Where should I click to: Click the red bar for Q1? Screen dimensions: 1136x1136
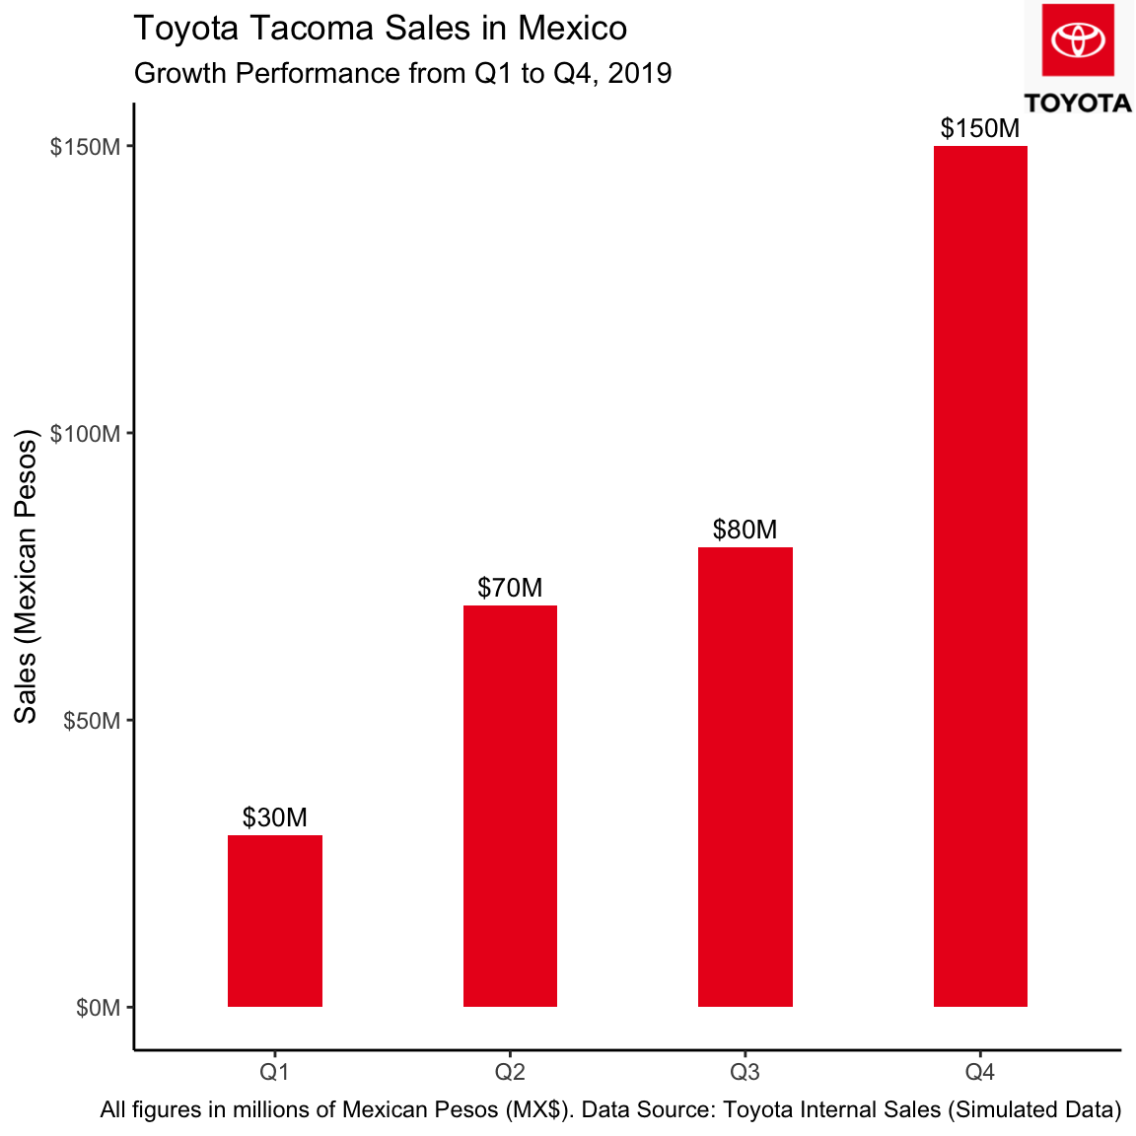275,920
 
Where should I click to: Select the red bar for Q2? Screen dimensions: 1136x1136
510,806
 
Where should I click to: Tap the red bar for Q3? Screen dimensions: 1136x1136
745,776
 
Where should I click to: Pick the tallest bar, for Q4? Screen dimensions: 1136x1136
980,576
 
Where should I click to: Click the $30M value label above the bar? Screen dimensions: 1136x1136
275,817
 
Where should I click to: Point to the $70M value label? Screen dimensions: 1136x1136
510,588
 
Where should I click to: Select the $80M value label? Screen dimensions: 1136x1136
745,530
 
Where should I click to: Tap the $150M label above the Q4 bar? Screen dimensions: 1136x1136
980,128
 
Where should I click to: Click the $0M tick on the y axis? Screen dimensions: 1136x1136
99,1008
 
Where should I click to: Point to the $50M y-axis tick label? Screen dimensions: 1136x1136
93,721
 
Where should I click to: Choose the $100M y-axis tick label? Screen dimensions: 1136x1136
87,434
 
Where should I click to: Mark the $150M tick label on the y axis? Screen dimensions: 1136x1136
87,147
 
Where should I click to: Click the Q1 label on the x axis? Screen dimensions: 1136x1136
275,1071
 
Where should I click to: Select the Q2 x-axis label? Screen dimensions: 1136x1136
510,1071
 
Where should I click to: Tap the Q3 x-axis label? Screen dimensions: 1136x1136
745,1071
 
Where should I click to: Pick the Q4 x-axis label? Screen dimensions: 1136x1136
980,1071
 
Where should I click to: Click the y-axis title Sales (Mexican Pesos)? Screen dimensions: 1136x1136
26,576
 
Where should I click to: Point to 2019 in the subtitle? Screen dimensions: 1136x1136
640,73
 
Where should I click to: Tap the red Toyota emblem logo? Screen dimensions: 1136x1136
1078,40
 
